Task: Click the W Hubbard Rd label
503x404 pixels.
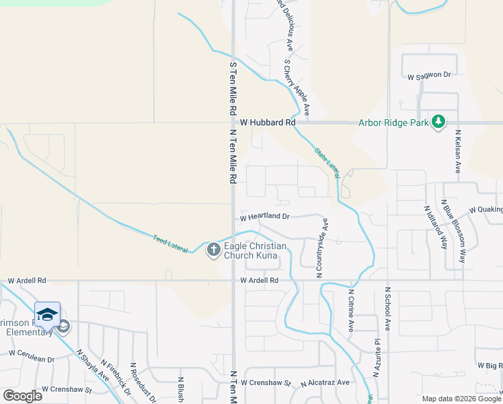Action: [x=268, y=123]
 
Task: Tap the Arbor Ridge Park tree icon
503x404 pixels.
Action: [x=438, y=121]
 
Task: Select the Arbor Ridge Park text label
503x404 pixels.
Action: [x=393, y=123]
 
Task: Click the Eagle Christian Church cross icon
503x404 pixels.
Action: [x=213, y=250]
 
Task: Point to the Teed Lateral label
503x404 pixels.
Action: [x=168, y=240]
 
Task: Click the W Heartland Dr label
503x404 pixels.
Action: [x=265, y=217]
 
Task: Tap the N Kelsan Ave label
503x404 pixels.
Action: [x=458, y=151]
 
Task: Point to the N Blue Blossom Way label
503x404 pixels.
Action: [x=453, y=230]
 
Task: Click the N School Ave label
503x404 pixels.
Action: [x=387, y=308]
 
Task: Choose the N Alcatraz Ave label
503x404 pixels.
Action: [x=325, y=382]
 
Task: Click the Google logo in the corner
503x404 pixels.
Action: [x=23, y=395]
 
